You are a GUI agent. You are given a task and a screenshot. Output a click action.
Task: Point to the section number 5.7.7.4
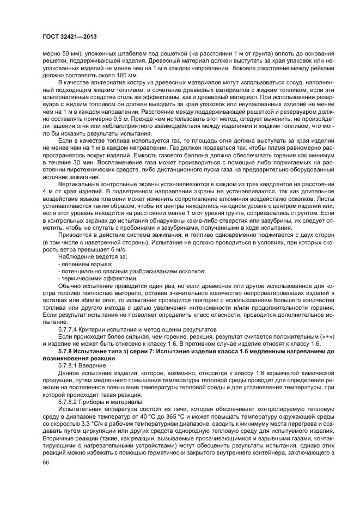[x=69, y=329]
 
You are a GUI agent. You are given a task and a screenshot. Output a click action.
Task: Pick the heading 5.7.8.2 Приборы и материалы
[x=96, y=402]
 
